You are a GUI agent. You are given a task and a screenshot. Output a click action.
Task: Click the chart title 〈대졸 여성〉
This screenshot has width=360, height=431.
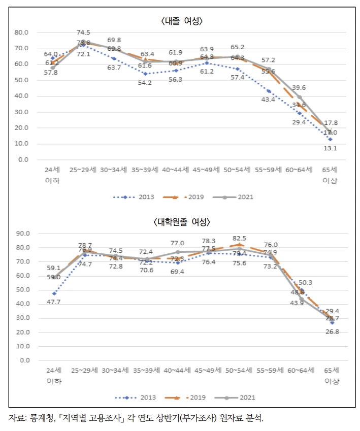coord(182,21)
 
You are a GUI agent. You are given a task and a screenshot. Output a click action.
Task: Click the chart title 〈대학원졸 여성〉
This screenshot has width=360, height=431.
coord(182,222)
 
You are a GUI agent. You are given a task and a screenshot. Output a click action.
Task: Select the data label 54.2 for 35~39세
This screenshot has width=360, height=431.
coord(145,82)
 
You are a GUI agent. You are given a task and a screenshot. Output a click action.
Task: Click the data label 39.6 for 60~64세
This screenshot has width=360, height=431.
coord(302,87)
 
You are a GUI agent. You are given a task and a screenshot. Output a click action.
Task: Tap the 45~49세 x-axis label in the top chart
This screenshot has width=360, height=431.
coord(207,171)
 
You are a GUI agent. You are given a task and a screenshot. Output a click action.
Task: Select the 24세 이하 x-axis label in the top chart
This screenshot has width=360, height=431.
coord(52,175)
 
